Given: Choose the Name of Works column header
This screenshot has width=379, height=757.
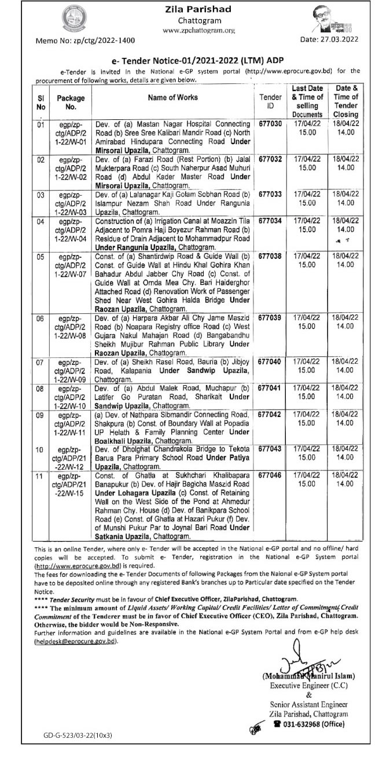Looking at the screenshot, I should [x=172, y=98].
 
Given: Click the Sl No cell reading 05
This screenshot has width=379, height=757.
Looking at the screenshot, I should [x=41, y=255].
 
